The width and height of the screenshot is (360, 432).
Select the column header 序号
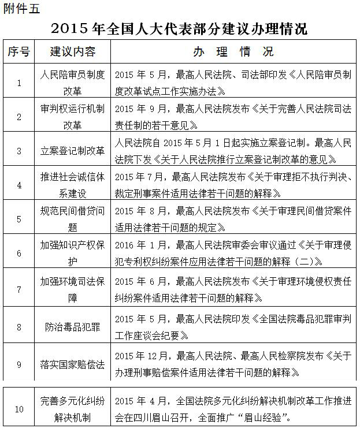click(x=19, y=52)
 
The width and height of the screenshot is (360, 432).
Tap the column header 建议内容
click(x=73, y=52)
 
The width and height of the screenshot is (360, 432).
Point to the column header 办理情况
click(x=233, y=52)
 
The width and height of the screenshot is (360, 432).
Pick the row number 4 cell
click(x=19, y=185)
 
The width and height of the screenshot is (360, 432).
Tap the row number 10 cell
click(x=19, y=409)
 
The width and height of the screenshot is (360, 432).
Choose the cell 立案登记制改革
click(x=73, y=151)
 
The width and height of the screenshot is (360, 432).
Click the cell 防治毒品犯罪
click(x=73, y=326)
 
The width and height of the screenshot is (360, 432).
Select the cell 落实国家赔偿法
click(x=73, y=364)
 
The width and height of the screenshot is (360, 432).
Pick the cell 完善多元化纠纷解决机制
click(x=73, y=409)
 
